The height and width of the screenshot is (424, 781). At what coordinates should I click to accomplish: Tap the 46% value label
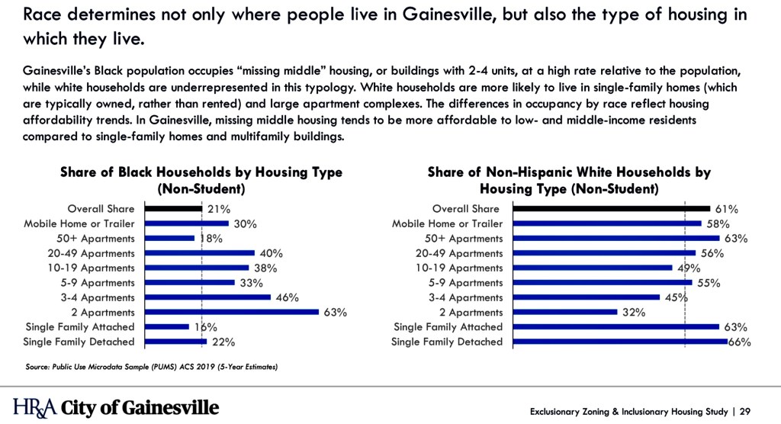click(x=287, y=297)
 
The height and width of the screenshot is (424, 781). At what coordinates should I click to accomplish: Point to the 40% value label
click(x=271, y=253)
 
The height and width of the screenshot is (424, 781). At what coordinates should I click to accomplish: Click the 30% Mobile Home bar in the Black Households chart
click(x=186, y=223)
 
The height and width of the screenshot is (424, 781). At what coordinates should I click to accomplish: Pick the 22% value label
click(x=223, y=342)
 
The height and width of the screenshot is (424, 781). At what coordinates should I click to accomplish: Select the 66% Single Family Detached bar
click(x=620, y=342)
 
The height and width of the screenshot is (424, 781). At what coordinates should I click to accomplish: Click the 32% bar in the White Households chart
click(x=564, y=312)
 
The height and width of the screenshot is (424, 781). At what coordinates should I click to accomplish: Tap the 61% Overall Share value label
click(x=726, y=209)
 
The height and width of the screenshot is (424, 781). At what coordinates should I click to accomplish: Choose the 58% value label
click(x=718, y=223)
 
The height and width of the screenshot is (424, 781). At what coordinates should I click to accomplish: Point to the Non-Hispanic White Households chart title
click(x=569, y=180)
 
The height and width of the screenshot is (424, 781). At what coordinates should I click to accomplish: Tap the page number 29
click(x=745, y=412)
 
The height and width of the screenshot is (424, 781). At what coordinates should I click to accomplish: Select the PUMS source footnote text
click(x=151, y=368)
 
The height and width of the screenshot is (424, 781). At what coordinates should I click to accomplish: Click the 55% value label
click(x=709, y=283)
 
